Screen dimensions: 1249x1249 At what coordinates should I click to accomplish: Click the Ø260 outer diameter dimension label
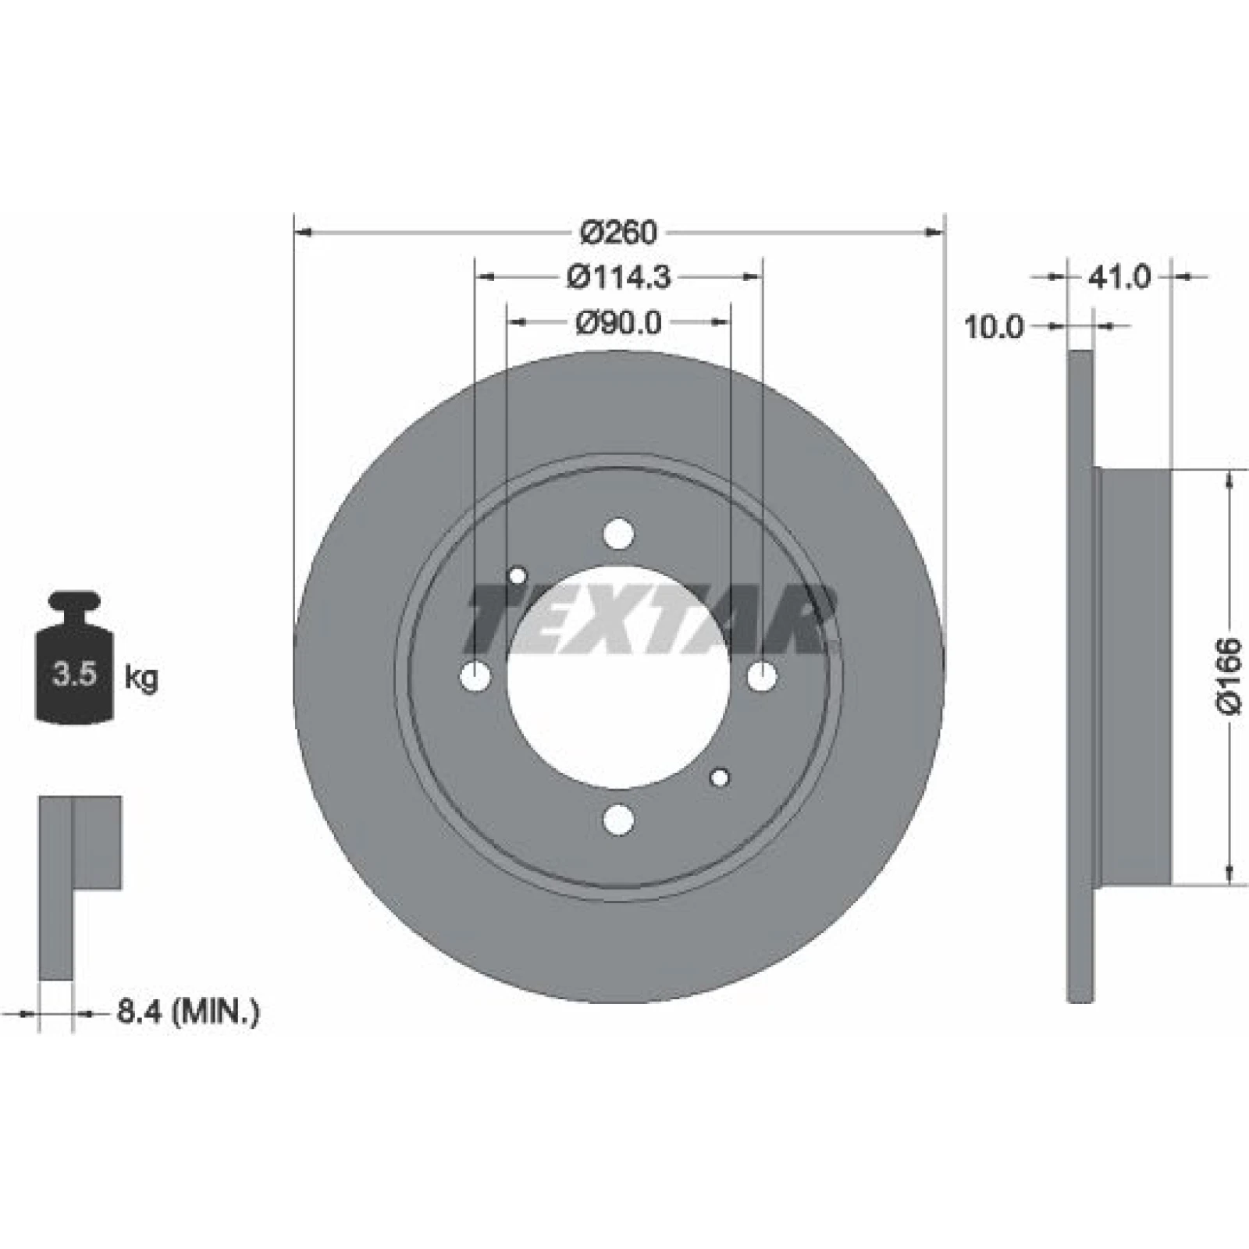point(619,232)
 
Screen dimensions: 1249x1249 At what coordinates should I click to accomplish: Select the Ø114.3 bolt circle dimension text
point(619,277)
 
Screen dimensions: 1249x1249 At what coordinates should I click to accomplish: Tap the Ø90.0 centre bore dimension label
point(619,322)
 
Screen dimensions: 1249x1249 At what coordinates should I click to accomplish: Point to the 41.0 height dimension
point(1119,276)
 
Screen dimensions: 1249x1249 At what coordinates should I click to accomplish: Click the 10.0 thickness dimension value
point(994,327)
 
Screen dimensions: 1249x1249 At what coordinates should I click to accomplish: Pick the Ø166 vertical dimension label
point(1229,676)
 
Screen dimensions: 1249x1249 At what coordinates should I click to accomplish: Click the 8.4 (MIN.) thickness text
point(188,1012)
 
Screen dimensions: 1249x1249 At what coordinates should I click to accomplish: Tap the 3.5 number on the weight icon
point(74,674)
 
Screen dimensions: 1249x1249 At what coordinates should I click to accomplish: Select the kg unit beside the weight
point(141,678)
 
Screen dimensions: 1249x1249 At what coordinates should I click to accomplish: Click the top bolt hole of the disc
point(619,534)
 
